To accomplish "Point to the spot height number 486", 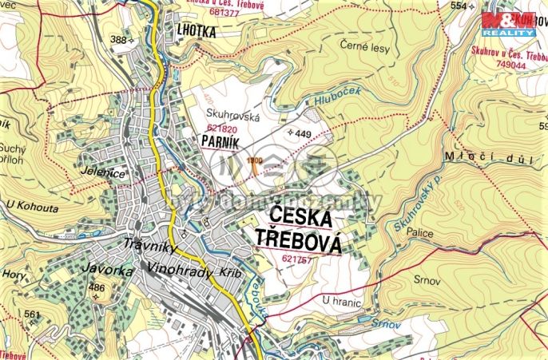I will pos(97,287).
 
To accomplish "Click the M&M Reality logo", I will pos(507,24).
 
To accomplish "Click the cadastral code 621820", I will pos(224,128).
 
